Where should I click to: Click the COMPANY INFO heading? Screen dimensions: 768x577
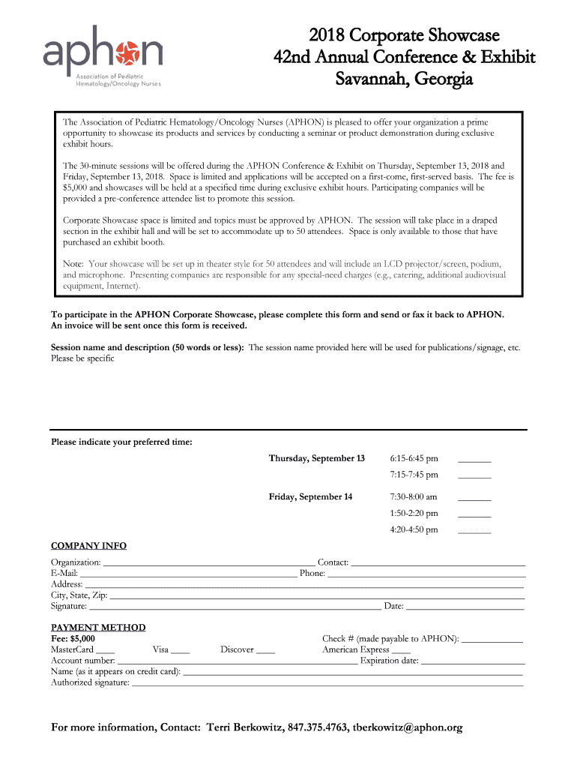point(88,546)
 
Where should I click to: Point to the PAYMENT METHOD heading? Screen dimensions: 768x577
point(98,627)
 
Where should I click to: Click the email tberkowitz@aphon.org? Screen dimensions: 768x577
point(408,727)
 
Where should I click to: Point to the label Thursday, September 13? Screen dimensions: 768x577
point(317,458)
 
